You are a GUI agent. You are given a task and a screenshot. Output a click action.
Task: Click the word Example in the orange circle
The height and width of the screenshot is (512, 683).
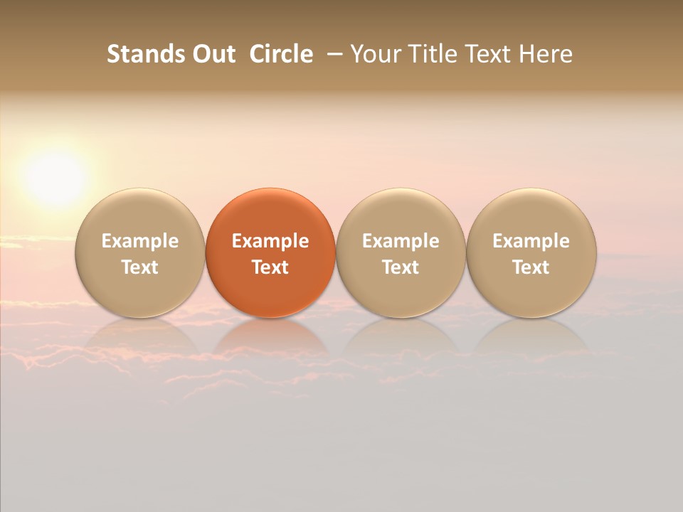[x=270, y=241]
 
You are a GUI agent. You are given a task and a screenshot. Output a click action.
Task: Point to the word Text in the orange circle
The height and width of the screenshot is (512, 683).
[x=270, y=267]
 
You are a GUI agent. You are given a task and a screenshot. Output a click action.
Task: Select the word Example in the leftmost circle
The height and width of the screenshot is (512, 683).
[x=140, y=241]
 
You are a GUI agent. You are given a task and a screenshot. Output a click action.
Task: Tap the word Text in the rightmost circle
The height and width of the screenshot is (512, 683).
[x=531, y=267]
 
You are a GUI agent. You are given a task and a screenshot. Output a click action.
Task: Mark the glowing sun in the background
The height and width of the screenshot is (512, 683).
[x=55, y=178]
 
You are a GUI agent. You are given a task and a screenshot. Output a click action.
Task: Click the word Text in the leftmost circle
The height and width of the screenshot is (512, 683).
[x=140, y=267]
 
